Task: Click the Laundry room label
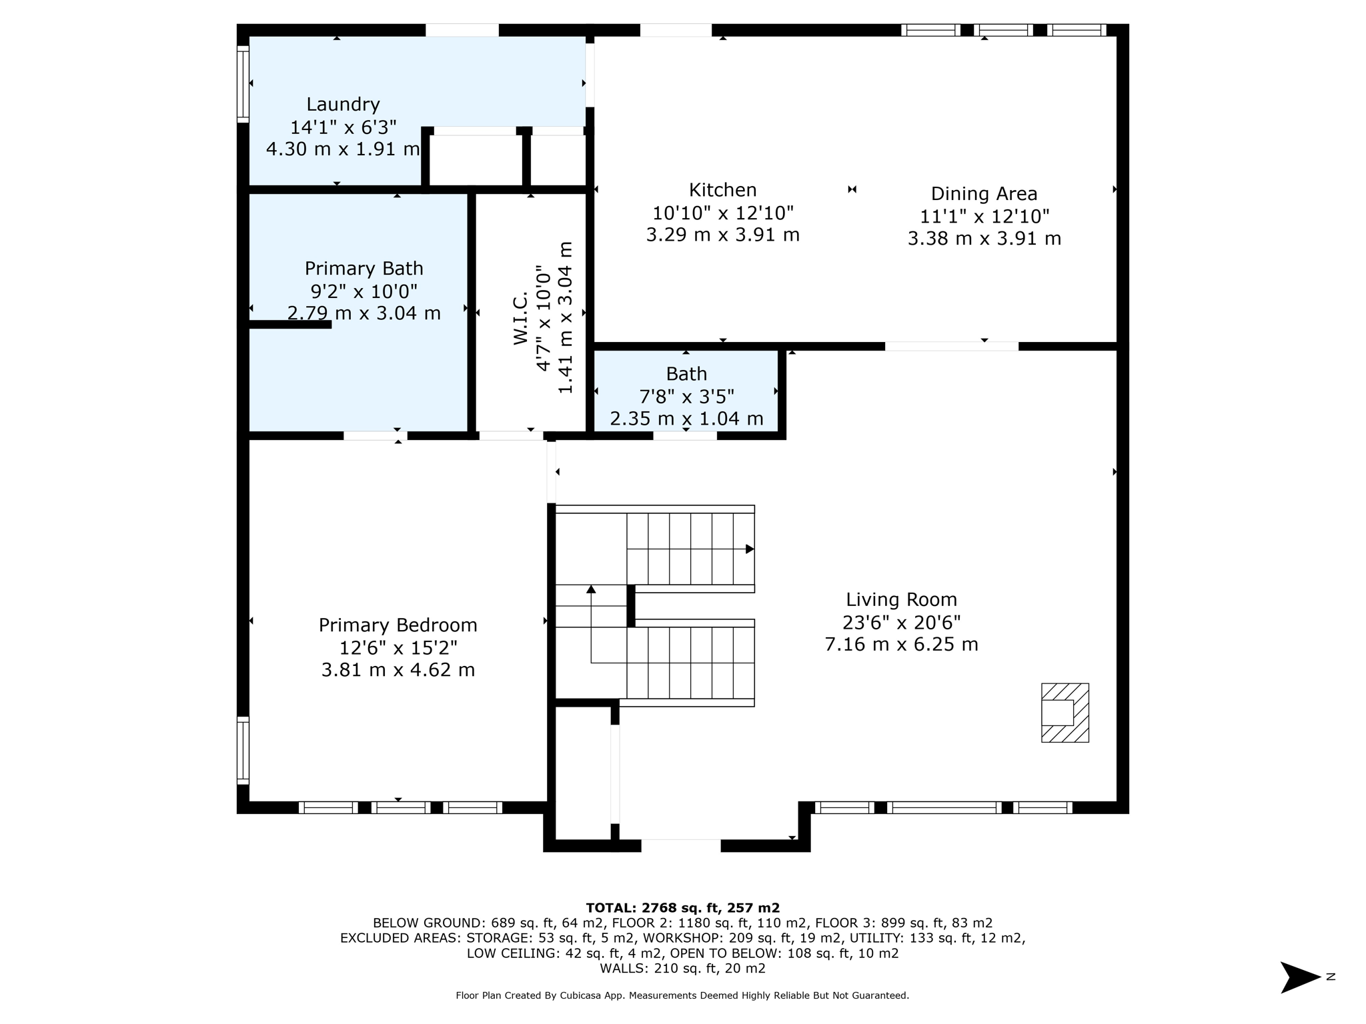pos(343,104)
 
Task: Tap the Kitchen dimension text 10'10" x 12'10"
pos(722,213)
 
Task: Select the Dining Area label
pos(984,194)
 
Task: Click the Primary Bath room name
pos(364,269)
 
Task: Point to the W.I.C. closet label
pos(521,319)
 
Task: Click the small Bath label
pos(686,374)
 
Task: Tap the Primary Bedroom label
pos(398,625)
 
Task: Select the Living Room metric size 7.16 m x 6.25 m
pos(901,645)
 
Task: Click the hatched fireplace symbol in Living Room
pos(1065,713)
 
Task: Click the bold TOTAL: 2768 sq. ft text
pos(682,907)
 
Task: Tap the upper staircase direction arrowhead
pos(750,549)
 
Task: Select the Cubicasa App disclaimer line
pos(682,995)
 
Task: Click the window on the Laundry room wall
pos(243,84)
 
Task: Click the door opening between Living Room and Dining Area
pos(951,346)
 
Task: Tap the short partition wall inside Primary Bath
pos(289,325)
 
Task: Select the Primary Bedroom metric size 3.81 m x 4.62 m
pos(398,670)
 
